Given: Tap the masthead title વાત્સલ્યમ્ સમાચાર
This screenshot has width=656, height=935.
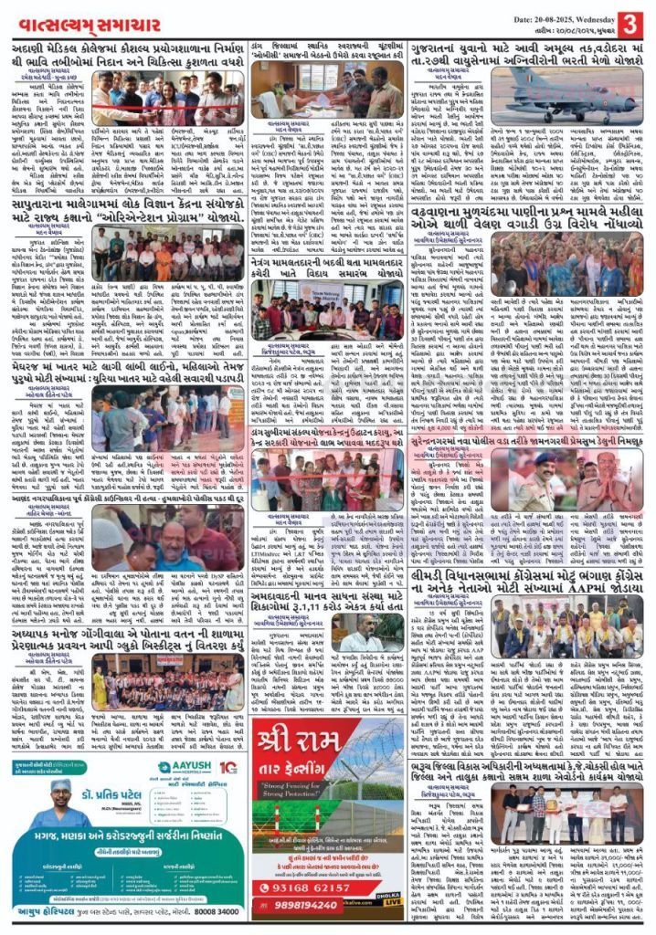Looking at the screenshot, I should [88, 20].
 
